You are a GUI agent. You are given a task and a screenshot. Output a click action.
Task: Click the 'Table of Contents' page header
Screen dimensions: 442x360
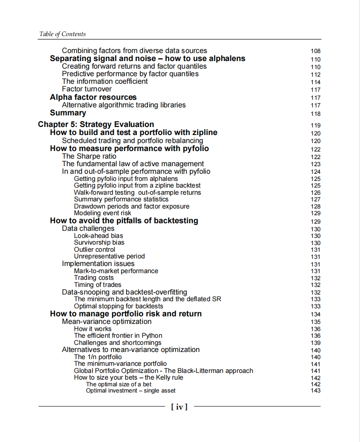[x=62, y=34]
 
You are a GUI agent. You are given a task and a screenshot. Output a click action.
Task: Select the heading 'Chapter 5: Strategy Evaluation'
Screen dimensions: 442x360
[x=96, y=124]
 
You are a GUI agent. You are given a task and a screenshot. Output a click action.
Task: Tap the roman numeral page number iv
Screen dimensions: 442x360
[x=179, y=406]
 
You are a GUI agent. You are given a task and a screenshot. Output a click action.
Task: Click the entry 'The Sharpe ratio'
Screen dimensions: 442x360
[x=89, y=156]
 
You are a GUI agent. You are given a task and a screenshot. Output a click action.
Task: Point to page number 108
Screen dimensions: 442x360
[x=315, y=51]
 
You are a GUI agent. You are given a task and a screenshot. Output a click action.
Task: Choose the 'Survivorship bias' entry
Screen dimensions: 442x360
[x=99, y=242]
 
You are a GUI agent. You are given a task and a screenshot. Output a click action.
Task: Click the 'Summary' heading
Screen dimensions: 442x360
[x=68, y=113]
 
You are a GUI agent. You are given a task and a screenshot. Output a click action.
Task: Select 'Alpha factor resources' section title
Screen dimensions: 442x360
[x=93, y=97]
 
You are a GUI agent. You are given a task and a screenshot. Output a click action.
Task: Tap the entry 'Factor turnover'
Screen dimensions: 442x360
[x=87, y=89]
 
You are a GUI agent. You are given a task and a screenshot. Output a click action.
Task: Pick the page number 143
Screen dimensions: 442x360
[x=315, y=391]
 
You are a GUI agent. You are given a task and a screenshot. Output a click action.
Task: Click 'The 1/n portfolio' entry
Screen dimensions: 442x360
[x=98, y=357]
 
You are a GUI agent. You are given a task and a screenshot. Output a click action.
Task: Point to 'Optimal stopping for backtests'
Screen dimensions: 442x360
[x=119, y=306]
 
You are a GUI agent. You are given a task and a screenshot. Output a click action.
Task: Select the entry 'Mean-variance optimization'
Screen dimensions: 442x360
[x=106, y=322]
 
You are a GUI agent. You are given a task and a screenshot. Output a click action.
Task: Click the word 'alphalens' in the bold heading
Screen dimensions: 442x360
[x=227, y=59]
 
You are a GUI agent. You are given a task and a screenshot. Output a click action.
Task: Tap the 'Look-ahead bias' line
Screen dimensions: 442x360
[x=98, y=236]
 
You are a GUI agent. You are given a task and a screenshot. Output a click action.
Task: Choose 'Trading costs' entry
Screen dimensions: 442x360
[x=94, y=278]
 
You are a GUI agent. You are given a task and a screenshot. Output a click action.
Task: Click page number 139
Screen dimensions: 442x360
[x=315, y=343]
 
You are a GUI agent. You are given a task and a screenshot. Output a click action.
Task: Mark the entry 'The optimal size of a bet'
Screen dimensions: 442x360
[x=119, y=384]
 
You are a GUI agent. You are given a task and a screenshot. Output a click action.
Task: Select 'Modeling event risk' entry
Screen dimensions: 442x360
[x=102, y=213]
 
